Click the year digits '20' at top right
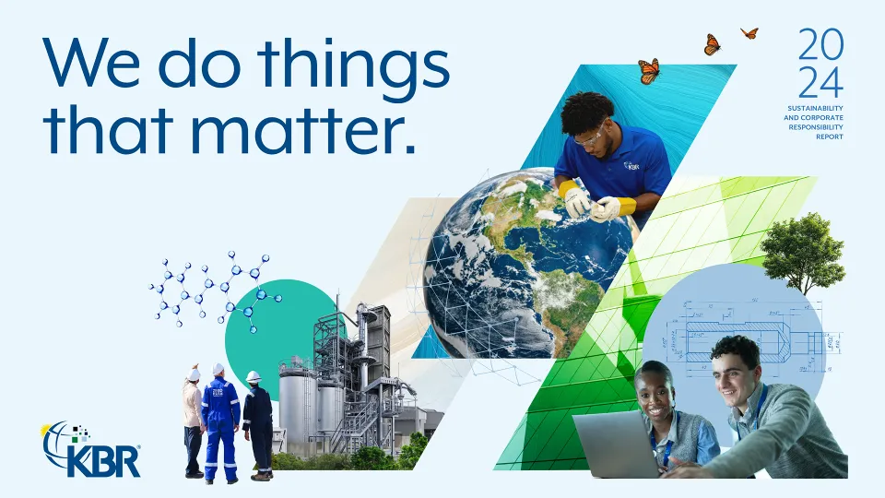pyautogui.click(x=820, y=43)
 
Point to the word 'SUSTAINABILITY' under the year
pyautogui.click(x=814, y=108)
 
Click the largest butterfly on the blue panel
pyautogui.click(x=649, y=71)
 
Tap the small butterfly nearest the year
pyautogui.click(x=749, y=33)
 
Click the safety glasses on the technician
pyautogui.click(x=591, y=137)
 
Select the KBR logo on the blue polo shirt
pyautogui.click(x=632, y=166)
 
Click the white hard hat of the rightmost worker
pyautogui.click(x=254, y=376)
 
